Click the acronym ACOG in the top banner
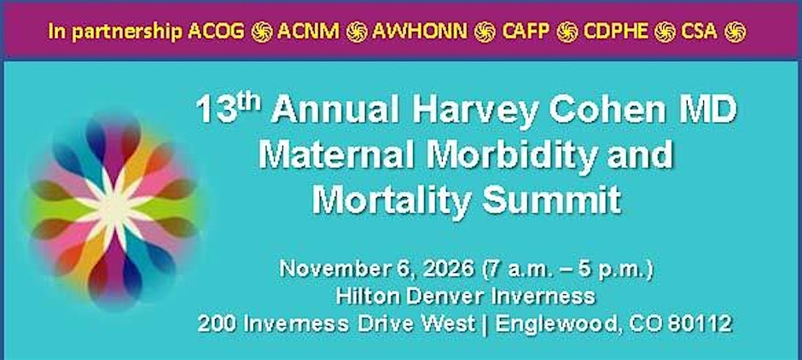pos(217,32)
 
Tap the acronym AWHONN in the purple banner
pos(420,32)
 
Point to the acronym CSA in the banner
pos(699,32)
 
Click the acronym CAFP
pos(526,32)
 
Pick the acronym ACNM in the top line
pos(308,32)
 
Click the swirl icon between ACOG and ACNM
pos(261,32)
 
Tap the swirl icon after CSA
pos(735,32)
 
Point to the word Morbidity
pos(513,155)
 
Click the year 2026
pos(448,270)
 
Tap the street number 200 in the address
pos(215,324)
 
